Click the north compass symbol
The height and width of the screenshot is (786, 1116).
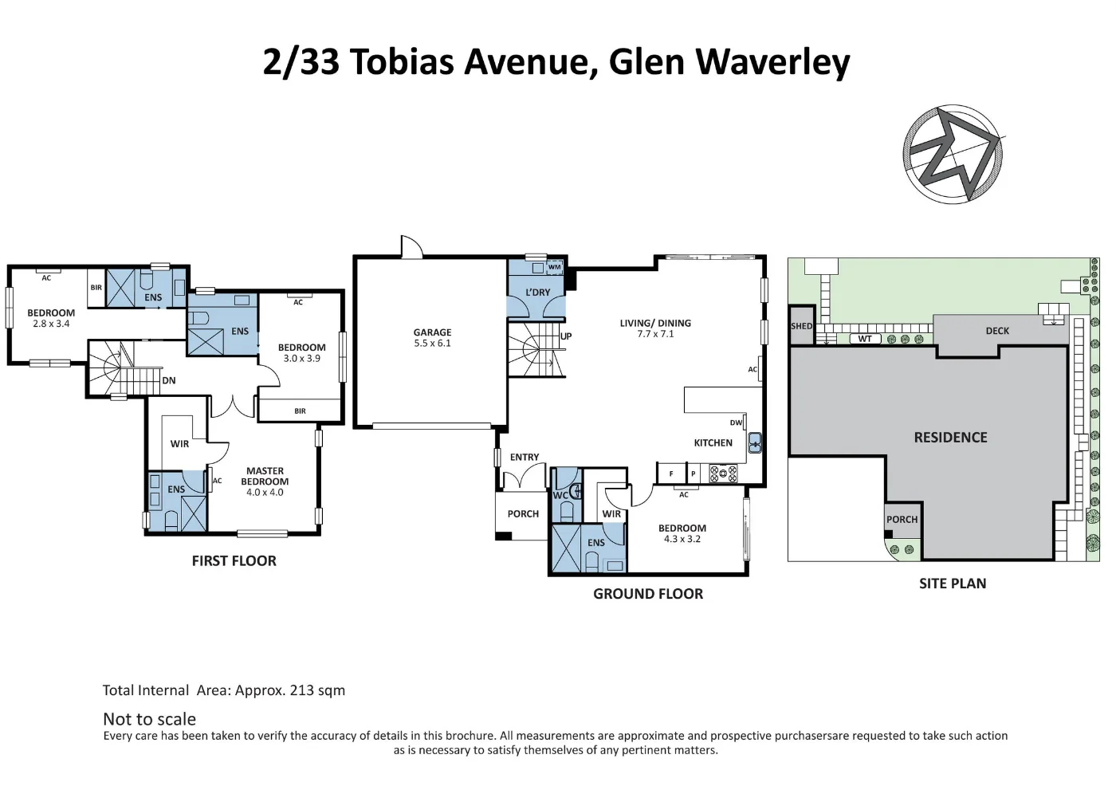[953, 153]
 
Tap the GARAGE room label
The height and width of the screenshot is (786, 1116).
[432, 332]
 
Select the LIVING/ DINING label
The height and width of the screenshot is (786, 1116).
[655, 323]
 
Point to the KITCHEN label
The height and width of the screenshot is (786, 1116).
[713, 443]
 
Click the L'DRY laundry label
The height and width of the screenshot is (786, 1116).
[537, 293]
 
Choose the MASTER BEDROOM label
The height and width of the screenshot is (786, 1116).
[265, 476]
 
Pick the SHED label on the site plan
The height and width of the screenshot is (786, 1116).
[801, 326]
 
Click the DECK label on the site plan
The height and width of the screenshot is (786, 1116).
[997, 331]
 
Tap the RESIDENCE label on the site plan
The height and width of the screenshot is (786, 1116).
[950, 438]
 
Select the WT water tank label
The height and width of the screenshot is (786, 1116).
[865, 339]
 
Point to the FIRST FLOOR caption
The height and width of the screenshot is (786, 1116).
[234, 561]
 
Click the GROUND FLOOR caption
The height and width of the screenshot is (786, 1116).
[648, 594]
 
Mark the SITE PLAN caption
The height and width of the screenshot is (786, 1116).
[953, 584]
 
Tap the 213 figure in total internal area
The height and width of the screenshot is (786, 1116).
[301, 690]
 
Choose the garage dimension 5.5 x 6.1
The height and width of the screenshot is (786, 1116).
[432, 344]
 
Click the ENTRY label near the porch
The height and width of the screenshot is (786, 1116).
[525, 458]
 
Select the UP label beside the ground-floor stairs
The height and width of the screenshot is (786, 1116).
[566, 336]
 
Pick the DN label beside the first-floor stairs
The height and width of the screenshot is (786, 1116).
[169, 381]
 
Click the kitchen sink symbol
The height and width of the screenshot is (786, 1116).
[754, 442]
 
